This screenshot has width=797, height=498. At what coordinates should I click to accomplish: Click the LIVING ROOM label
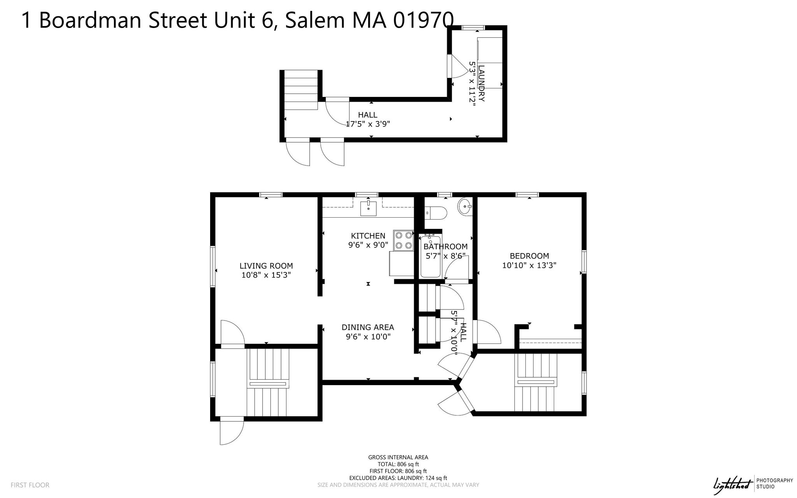click(266, 266)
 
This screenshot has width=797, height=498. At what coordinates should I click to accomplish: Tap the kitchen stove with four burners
click(403, 240)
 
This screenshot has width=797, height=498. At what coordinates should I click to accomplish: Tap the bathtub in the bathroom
click(430, 257)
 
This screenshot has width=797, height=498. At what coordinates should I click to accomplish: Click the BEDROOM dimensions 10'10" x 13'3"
click(529, 266)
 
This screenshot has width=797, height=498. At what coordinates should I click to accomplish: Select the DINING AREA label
click(368, 327)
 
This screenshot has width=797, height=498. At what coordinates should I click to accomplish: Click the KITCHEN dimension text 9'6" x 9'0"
click(368, 245)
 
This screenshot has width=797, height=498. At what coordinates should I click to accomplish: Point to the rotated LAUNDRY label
click(481, 83)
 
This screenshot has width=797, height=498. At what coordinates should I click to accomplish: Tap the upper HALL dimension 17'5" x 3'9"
click(368, 124)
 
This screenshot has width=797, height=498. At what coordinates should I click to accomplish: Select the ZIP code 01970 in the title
click(423, 20)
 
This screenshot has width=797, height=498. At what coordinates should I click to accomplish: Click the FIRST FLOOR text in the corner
click(30, 485)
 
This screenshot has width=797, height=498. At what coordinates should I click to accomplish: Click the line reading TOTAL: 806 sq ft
click(398, 464)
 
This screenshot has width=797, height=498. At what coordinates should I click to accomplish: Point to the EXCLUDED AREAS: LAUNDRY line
click(398, 478)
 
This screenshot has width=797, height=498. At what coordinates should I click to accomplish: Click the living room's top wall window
click(271, 195)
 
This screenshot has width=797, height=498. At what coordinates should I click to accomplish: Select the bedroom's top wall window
click(527, 195)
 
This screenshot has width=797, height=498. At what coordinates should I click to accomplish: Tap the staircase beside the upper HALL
click(300, 90)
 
